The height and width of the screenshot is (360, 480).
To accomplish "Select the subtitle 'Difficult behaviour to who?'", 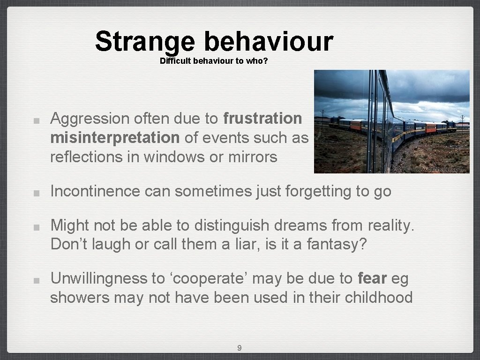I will pos(214,61).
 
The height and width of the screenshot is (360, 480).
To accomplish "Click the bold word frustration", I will pos(262,119).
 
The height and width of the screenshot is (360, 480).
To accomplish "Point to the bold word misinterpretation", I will pos(114,138).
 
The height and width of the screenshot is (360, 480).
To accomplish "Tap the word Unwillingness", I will pos(98,278).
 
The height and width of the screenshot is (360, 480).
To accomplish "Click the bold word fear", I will pos(372,278).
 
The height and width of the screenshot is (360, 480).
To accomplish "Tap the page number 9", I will pos(240,348).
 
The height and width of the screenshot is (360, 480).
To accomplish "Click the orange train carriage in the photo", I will pos(357,125).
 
